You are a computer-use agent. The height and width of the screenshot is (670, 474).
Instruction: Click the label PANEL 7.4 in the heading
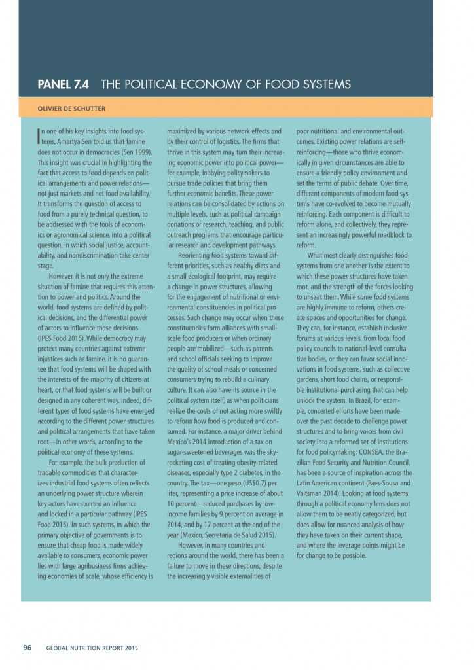click(x=64, y=84)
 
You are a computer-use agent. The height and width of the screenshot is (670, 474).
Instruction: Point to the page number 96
click(x=27, y=648)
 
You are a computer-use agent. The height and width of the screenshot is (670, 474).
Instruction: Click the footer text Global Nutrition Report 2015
click(x=92, y=648)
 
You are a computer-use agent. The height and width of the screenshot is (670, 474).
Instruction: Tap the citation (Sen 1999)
click(x=135, y=151)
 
